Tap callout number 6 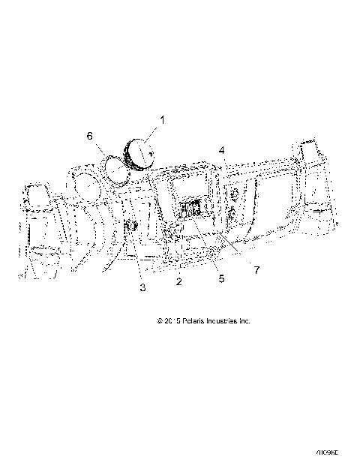pos(90,136)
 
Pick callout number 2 pos(178,281)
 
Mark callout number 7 pos(256,268)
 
